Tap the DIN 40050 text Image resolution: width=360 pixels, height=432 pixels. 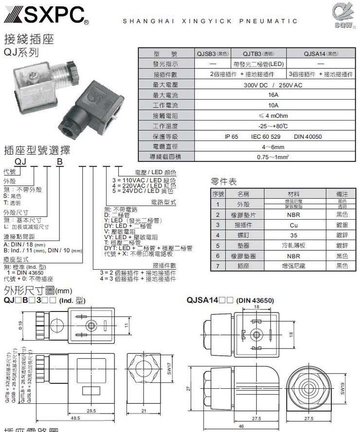(x=308, y=137)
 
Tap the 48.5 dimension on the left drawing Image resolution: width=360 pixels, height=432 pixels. (x=75, y=417)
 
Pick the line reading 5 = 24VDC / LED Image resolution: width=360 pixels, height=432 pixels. (x=141, y=191)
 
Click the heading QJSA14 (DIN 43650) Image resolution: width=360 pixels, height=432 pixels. (x=230, y=300)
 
